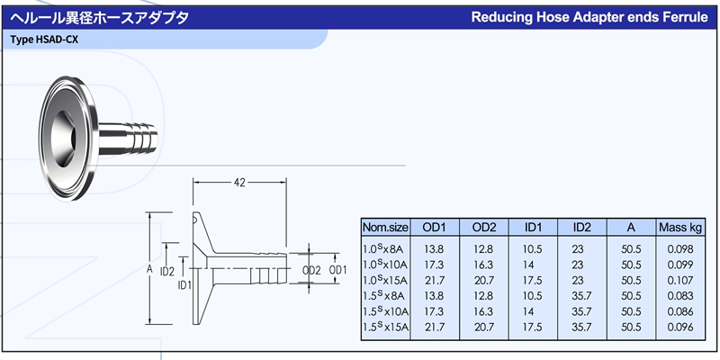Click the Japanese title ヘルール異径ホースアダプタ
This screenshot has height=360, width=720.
pos(99,18)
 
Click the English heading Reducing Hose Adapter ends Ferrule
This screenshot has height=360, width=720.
pos(589,17)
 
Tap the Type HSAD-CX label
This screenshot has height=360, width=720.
pos(38,40)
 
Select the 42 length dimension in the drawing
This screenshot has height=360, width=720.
pos(239,183)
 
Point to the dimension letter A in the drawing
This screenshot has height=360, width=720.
pos(149,270)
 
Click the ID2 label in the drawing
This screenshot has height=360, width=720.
pos(168,272)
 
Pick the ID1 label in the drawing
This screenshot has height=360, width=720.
pos(184,285)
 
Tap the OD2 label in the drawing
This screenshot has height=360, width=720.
pos(311,271)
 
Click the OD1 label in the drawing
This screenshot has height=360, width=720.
pos(338,270)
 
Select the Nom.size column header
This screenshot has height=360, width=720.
pos(385,228)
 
